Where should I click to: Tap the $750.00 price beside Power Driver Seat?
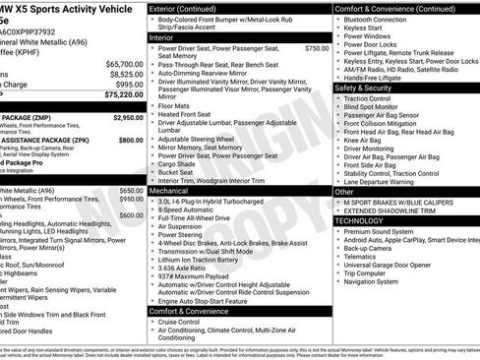[x=317, y=47]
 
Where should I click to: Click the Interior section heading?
[x=163, y=36]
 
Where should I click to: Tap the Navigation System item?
[x=379, y=282]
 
